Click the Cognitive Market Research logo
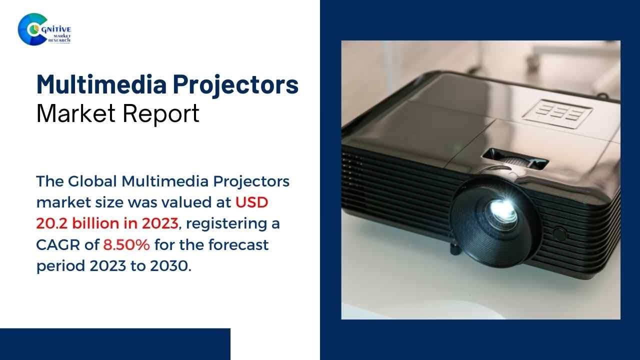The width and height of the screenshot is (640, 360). (x=44, y=29)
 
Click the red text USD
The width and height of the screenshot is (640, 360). (x=252, y=202)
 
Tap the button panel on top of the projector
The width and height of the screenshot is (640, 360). (x=556, y=112)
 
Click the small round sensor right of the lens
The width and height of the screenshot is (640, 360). (x=559, y=233)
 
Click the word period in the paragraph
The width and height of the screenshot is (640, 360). (x=61, y=266)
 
